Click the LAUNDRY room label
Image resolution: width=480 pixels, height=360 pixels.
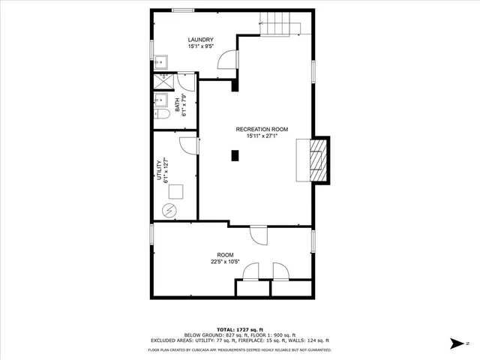(200, 40)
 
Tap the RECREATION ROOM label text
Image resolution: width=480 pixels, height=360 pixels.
(262, 129)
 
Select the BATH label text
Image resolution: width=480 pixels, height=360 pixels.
(178, 101)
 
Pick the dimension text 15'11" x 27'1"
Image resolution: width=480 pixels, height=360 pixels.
(262, 136)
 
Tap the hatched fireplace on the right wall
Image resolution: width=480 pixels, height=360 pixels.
(319, 160)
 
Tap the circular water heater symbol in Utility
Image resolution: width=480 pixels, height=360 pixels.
(172, 210)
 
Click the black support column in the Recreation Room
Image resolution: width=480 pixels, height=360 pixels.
(235, 156)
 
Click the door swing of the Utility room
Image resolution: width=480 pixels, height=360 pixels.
(189, 146)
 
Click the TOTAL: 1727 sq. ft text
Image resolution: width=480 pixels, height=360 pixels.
(239, 329)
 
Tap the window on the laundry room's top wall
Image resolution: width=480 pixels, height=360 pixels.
(182, 10)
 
